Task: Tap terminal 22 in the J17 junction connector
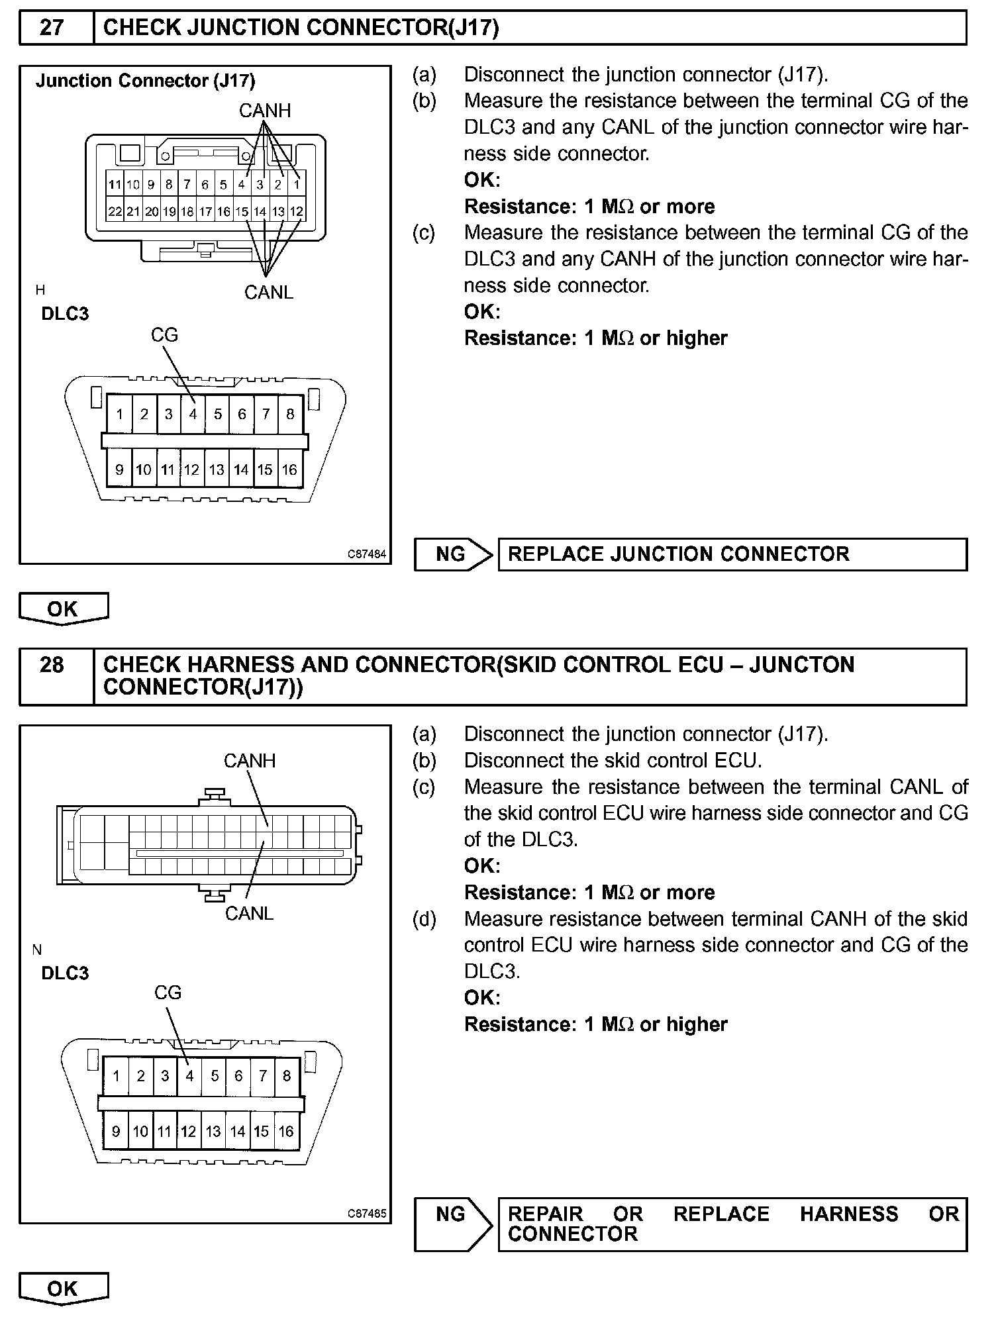pos(115,212)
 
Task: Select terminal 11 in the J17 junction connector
pos(115,184)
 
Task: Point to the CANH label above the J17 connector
pos(265,111)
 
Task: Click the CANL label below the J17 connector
pos(268,292)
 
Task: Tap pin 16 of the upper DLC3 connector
pos(289,469)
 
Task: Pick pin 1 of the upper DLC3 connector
pos(120,415)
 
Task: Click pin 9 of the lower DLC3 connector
pos(116,1131)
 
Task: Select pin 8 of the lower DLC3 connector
pos(287,1075)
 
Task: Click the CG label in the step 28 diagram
pos(168,993)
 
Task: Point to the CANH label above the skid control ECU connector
pos(249,761)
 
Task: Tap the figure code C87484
pos(367,554)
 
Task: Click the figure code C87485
pos(367,1214)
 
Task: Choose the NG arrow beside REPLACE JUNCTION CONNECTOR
pos(453,554)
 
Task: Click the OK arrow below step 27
pos(63,609)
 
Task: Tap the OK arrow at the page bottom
pos(63,1289)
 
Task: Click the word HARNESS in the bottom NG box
pos(849,1214)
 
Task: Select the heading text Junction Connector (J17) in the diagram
pos(145,81)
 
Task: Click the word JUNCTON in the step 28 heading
pos(801,664)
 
